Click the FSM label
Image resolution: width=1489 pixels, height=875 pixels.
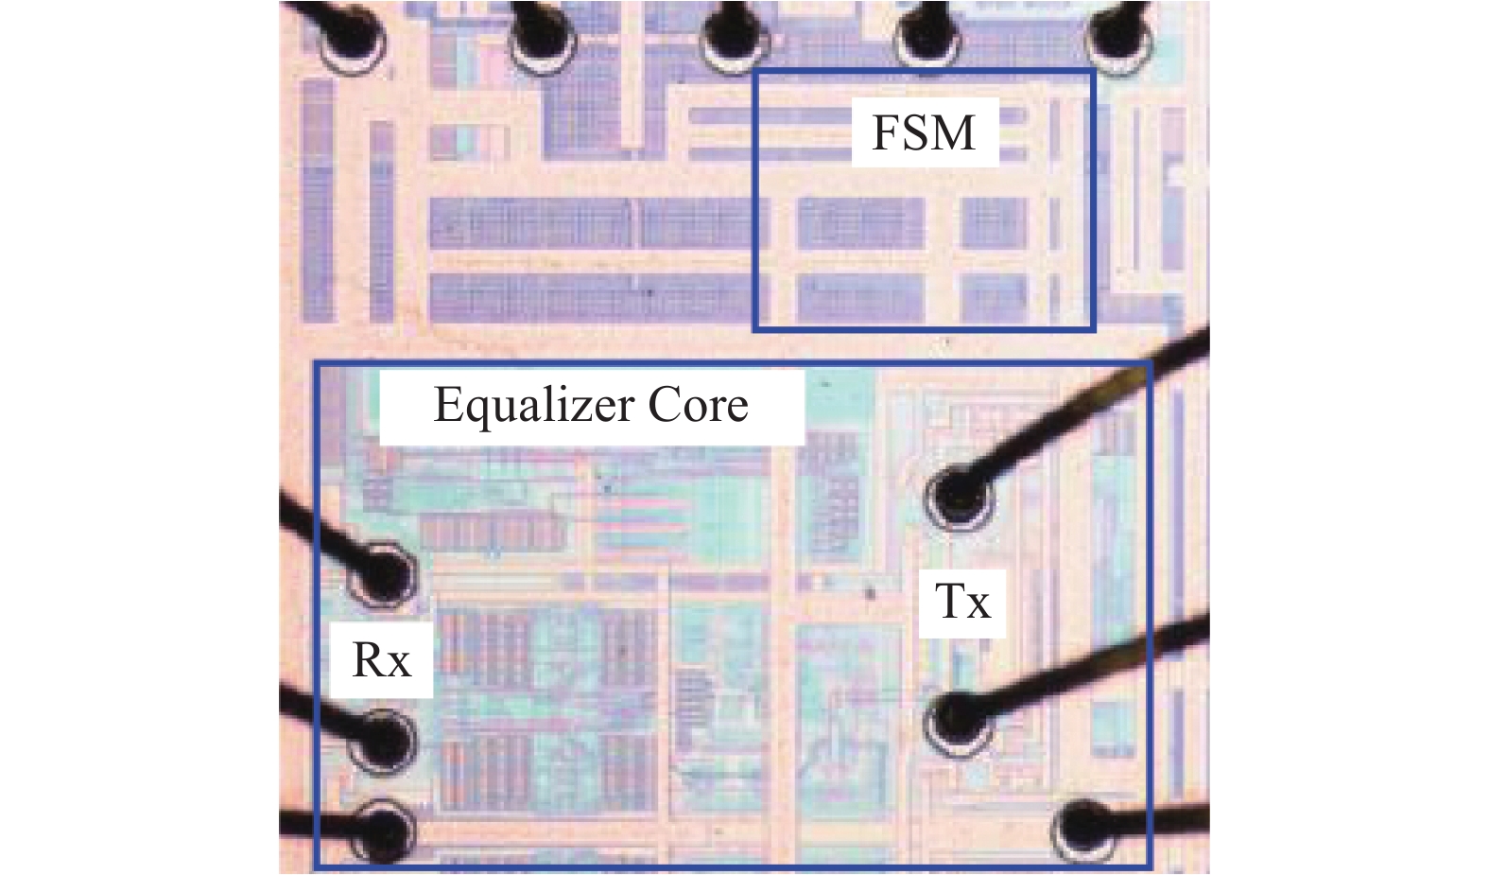924,133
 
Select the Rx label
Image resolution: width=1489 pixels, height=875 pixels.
381,660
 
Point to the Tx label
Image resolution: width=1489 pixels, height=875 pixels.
962,601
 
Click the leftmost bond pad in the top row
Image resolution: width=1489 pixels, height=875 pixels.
353,39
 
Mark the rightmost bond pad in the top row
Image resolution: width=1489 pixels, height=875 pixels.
1119,39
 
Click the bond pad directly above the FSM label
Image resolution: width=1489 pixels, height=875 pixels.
927,39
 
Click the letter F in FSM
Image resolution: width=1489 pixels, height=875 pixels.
885,133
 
